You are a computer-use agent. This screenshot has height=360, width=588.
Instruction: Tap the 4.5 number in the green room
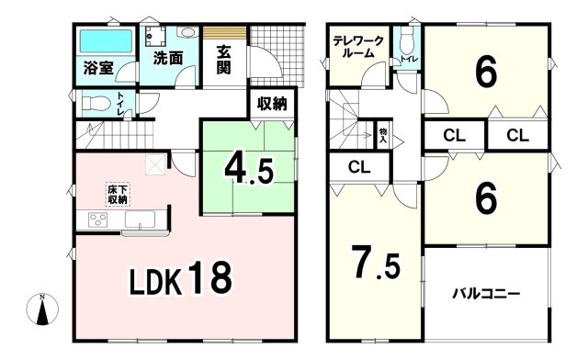[x=248, y=170]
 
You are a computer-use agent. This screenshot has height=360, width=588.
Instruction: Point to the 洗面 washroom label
[x=168, y=56]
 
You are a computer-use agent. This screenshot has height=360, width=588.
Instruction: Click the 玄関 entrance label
[x=225, y=56]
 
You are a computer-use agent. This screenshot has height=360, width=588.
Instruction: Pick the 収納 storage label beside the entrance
[x=272, y=104]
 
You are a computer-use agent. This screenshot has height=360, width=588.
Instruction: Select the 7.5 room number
[x=374, y=264]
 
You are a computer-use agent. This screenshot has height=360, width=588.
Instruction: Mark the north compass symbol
[x=42, y=312]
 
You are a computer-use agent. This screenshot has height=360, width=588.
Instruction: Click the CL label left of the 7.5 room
[x=359, y=167]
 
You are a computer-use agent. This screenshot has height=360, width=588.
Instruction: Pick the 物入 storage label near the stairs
[x=383, y=134]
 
